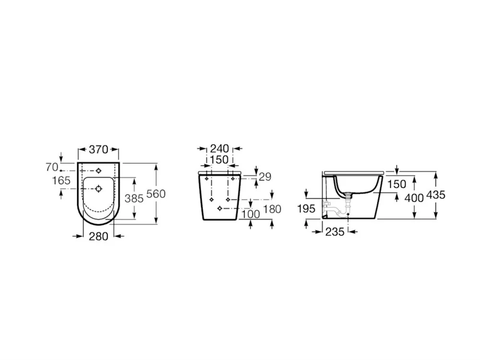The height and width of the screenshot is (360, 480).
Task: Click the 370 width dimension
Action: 98,149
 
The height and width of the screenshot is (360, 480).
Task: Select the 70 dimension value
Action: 52,167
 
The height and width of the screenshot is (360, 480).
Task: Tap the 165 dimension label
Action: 61,180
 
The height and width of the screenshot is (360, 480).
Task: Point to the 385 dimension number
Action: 134,198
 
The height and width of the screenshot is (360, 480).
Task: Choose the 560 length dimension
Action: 156,194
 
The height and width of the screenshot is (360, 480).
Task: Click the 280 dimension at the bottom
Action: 98,236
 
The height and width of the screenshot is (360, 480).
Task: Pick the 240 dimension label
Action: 219,149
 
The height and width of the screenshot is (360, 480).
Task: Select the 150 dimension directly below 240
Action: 219,159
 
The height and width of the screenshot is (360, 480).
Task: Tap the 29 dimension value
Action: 265,177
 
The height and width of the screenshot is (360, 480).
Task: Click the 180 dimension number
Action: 273,209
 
